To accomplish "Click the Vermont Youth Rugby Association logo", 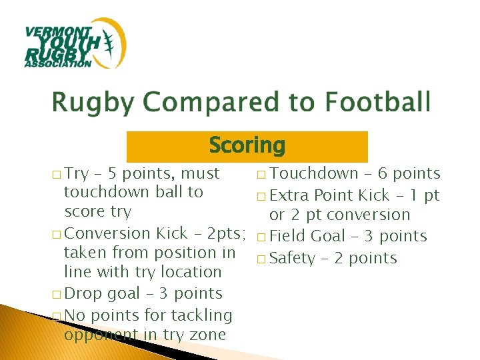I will (x=75, y=43).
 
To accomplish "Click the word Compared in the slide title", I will (x=231, y=103).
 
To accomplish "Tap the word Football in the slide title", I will (x=378, y=103).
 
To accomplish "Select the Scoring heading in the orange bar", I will (x=247, y=145).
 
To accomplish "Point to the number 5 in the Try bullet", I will (x=113, y=174).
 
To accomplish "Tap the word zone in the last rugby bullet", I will (x=208, y=335).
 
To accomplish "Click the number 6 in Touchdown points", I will (x=383, y=174).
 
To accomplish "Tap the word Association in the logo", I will (x=57, y=64).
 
